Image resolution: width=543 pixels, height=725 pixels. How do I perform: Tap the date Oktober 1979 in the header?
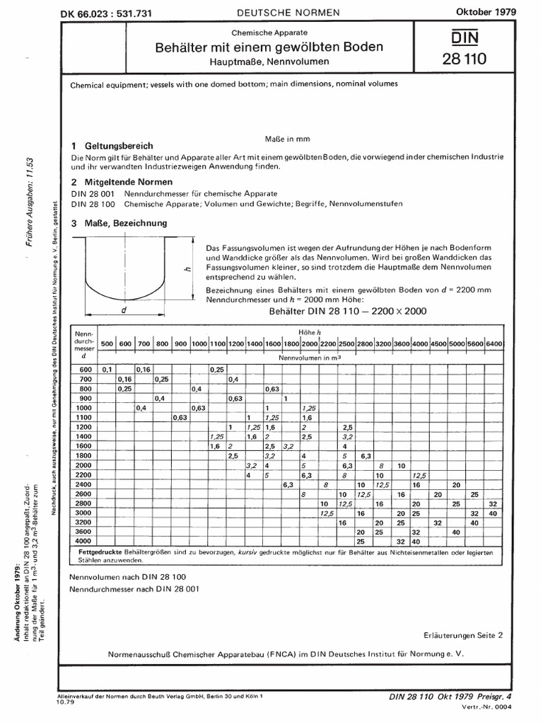pyautogui.click(x=484, y=12)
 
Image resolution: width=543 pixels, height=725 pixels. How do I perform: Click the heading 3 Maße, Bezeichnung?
pyautogui.click(x=119, y=222)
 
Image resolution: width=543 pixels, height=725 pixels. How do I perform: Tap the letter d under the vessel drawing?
pyautogui.click(x=124, y=310)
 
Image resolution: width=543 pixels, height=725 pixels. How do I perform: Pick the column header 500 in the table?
pyautogui.click(x=107, y=343)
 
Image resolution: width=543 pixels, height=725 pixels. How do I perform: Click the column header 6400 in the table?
pyautogui.click(x=494, y=343)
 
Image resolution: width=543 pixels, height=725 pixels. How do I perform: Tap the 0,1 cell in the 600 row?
pyautogui.click(x=107, y=370)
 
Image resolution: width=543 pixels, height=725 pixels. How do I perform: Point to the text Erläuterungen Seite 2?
pyautogui.click(x=464, y=635)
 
